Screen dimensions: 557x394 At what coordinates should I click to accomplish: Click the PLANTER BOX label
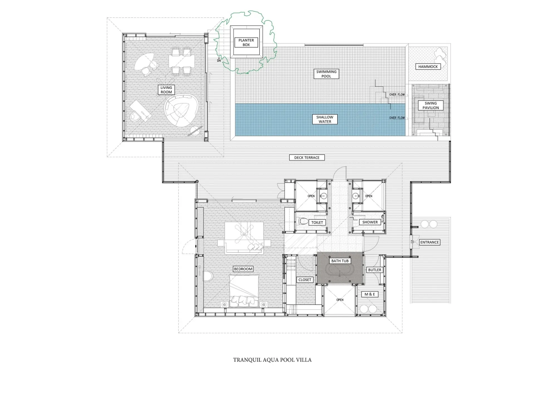coord(246,42)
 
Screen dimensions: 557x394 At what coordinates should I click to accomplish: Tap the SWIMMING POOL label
coord(326,74)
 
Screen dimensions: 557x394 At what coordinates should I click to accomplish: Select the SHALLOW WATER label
coord(325,119)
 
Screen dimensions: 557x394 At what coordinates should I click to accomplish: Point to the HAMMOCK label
coord(428,67)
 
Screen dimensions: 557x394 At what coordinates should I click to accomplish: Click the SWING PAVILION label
coord(431,105)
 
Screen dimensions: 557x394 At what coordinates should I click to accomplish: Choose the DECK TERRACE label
coord(307,157)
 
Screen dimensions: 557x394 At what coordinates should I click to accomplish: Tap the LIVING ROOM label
coord(166,90)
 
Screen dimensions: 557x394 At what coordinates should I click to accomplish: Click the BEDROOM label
coord(243,269)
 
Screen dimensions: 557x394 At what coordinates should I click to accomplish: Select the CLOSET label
coord(305,280)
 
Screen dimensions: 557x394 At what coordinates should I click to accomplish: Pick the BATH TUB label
coord(340,261)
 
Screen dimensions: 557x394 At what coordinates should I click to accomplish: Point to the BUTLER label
coord(375,270)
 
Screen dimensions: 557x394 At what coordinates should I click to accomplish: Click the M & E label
coord(370,294)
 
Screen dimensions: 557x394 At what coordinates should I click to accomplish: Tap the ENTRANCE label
coord(429,242)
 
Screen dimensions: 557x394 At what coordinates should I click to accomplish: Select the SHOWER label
coord(370,222)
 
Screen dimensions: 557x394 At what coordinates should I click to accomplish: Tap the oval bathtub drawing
coord(340,270)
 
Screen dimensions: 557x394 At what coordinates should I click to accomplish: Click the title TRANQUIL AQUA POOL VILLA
coord(272,360)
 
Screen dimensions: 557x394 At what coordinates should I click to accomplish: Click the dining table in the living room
coord(182,61)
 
